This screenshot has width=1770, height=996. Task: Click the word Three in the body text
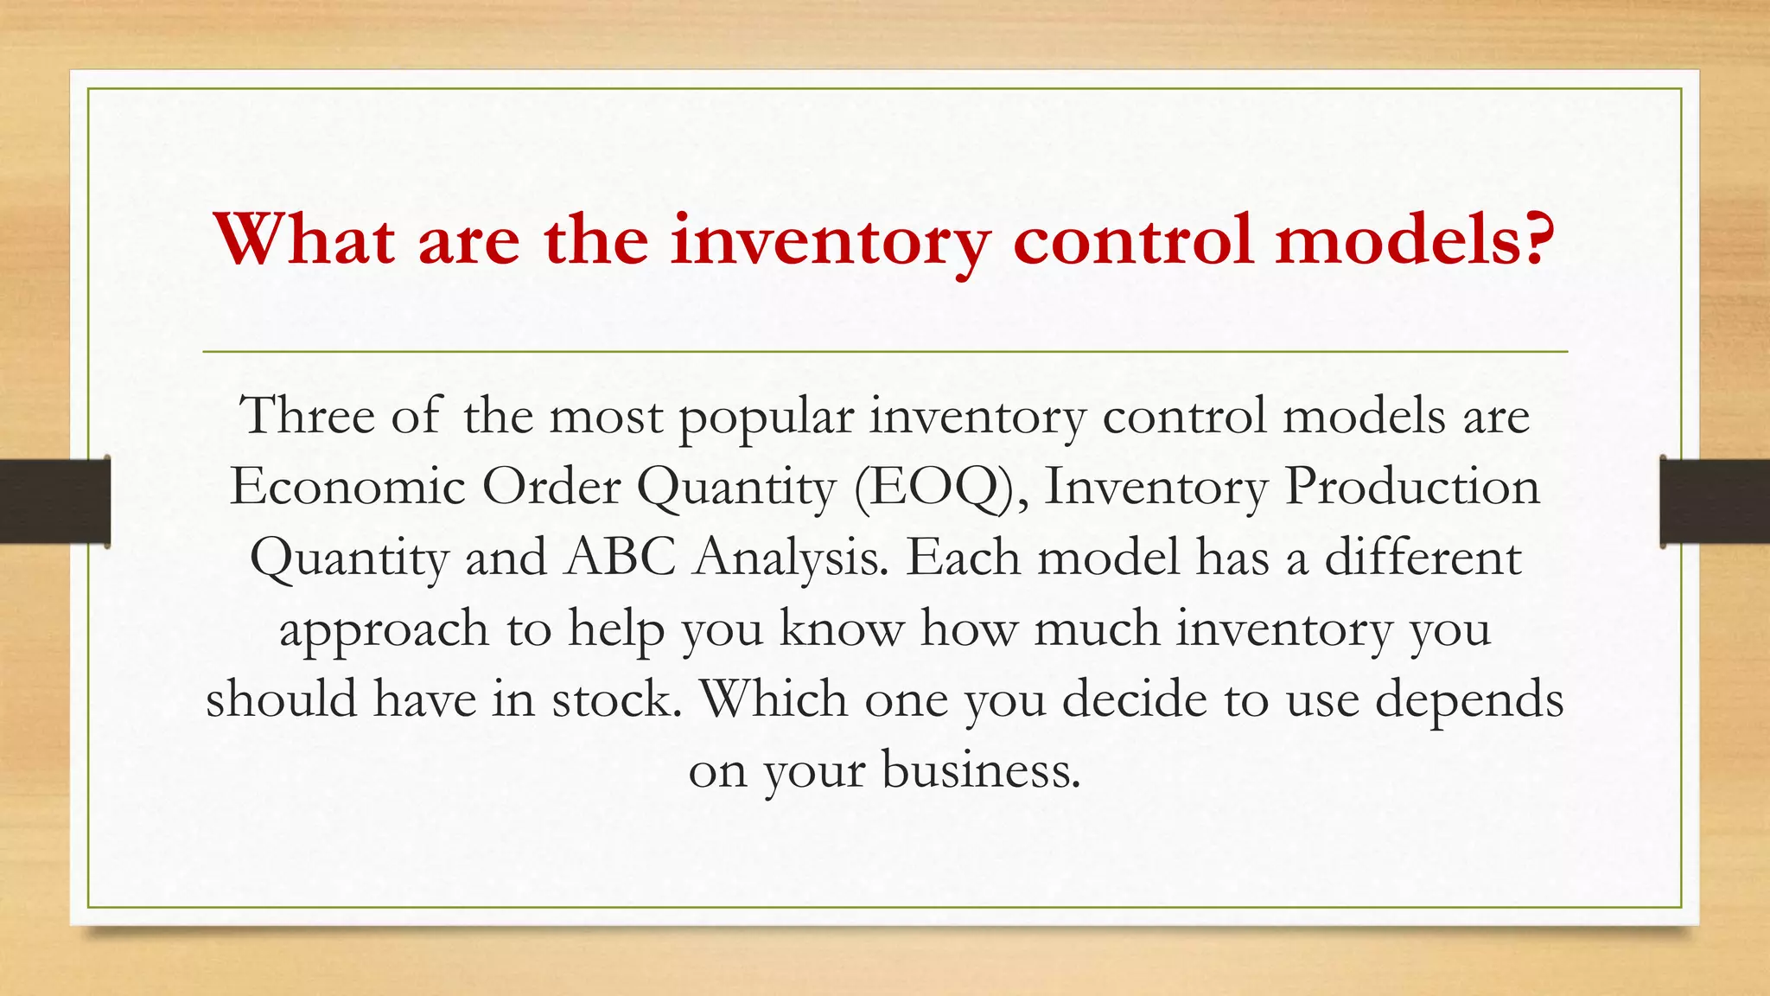click(x=307, y=416)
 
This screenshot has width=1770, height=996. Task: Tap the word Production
click(x=1412, y=487)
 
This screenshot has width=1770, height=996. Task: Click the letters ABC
click(x=620, y=558)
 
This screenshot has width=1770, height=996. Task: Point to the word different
click(x=1423, y=558)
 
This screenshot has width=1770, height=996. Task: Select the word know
click(x=842, y=629)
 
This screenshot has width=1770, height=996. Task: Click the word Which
click(x=774, y=699)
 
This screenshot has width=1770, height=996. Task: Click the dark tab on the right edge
click(x=1715, y=501)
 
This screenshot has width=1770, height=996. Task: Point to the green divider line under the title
click(x=885, y=352)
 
